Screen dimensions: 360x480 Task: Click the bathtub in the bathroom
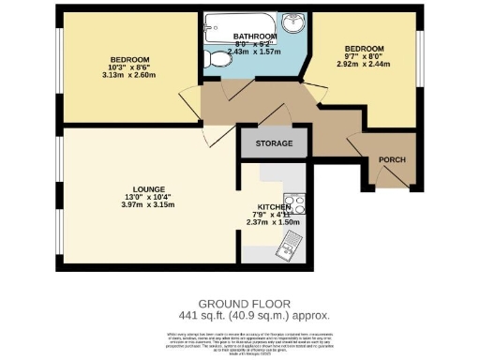[x=241, y=24]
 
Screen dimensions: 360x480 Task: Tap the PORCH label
[x=392, y=160]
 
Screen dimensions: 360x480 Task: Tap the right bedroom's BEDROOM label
[x=363, y=49]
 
